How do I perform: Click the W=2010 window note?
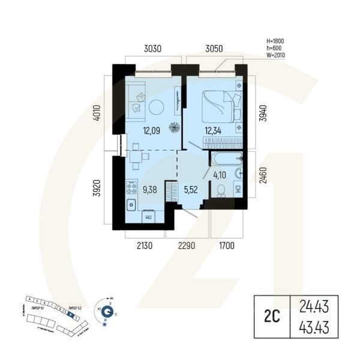click(275, 55)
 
